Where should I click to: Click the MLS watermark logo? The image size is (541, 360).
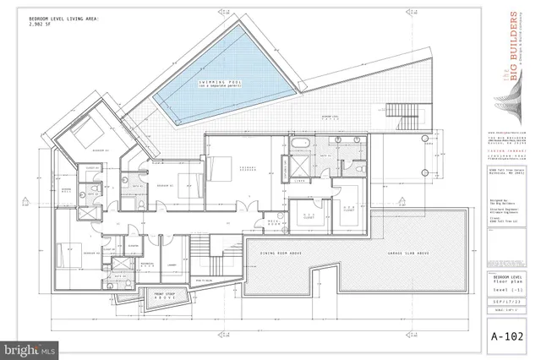[29, 346]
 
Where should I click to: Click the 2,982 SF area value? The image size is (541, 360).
[40, 25]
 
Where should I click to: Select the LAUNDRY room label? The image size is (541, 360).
[172, 265]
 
